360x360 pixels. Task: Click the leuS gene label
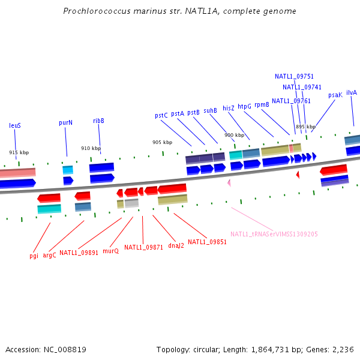point(15,125)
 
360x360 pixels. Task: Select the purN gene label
point(65,122)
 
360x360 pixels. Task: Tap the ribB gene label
point(98,121)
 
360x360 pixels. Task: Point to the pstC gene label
point(161,115)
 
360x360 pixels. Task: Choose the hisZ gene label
point(229,108)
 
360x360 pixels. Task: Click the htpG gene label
point(244,106)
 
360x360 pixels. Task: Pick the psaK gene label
point(335,95)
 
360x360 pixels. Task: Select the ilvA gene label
point(352,92)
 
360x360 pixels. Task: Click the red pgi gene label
point(34,255)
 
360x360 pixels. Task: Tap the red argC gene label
point(49,255)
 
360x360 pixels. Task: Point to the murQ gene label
point(110,251)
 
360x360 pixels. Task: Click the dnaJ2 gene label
point(176,245)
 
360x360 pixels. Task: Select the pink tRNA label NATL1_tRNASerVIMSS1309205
point(274,234)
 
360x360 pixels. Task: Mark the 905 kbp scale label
point(162,142)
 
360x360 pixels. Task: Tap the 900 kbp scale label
point(235,135)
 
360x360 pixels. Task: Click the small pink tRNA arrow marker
point(229,182)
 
